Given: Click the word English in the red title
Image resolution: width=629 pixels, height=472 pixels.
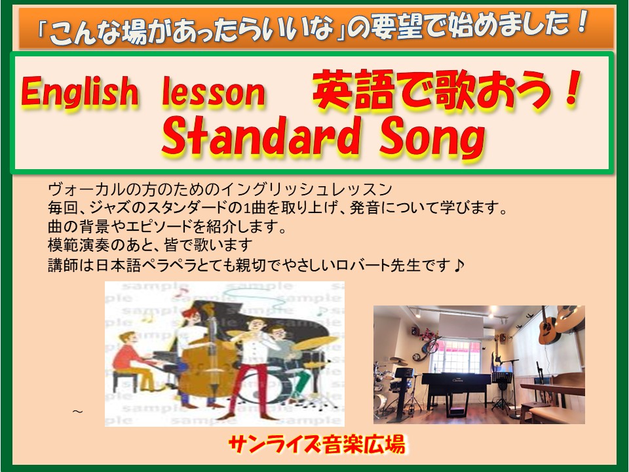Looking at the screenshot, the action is click(79, 92).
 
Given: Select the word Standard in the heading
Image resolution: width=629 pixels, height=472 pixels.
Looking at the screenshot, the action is click(260, 136).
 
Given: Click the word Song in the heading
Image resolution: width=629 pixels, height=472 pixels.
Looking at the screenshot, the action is click(432, 138).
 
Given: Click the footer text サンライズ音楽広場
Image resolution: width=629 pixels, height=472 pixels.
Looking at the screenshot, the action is click(316, 444).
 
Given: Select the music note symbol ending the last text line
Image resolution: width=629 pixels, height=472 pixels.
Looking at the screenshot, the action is click(460, 265).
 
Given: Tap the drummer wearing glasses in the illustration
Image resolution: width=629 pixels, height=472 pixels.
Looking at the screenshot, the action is click(283, 353).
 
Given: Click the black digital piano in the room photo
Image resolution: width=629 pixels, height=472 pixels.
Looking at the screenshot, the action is click(456, 391).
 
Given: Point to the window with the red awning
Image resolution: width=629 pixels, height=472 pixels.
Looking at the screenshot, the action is click(455, 355).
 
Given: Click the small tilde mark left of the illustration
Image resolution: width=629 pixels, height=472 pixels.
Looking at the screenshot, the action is click(77, 412).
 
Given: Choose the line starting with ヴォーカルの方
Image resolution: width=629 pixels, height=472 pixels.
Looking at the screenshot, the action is click(220, 189).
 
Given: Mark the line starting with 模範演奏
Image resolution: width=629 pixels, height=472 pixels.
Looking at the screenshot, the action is click(150, 245).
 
